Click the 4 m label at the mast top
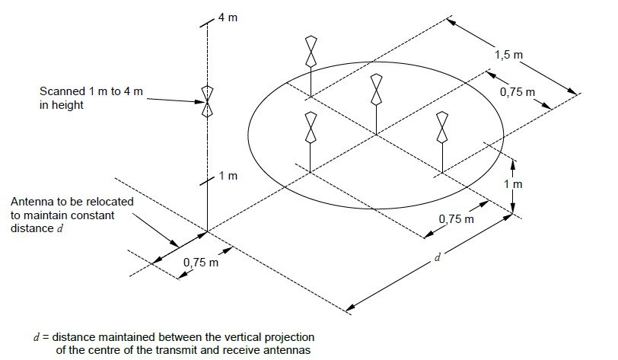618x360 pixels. click(228, 17)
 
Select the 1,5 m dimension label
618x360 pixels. click(508, 55)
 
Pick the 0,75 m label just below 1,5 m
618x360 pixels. click(518, 91)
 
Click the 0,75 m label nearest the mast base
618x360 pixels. click(200, 263)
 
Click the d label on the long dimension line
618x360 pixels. click(437, 257)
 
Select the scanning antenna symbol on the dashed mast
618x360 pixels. click(206, 101)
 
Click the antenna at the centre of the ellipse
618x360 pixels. click(375, 90)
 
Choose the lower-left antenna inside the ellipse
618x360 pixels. click(311, 127)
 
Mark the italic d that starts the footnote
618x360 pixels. click(37, 336)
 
